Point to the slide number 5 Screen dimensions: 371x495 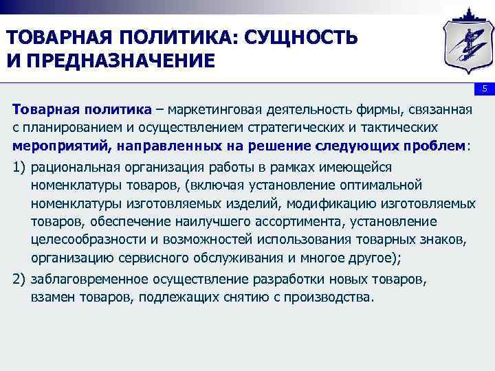(484, 89)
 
